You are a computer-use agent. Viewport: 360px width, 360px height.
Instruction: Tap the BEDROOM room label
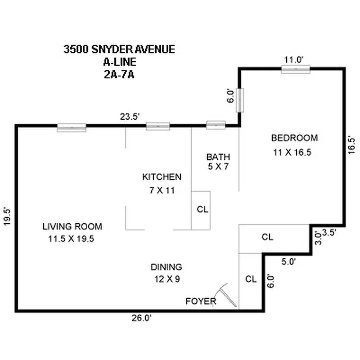(294, 138)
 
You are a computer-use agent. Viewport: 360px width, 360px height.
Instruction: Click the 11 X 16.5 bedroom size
(292, 152)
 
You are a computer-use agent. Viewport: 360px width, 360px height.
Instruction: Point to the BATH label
(218, 157)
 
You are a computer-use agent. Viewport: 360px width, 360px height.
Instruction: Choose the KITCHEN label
(162, 177)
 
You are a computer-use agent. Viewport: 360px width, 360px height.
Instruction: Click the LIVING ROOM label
(72, 226)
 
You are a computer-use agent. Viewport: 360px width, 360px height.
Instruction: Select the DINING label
(166, 267)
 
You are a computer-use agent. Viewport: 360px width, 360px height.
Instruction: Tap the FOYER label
(201, 301)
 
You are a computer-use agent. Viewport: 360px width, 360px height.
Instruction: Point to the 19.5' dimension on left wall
(7, 218)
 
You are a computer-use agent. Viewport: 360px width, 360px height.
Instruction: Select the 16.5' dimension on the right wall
(352, 146)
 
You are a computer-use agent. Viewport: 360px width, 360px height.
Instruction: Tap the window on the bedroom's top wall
(296, 69)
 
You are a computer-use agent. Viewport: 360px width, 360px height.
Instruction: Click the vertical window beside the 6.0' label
(240, 100)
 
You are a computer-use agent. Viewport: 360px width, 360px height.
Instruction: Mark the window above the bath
(216, 125)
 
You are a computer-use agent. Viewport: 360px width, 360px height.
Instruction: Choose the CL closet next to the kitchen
(201, 209)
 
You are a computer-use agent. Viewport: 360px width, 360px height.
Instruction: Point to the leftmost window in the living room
(72, 128)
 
